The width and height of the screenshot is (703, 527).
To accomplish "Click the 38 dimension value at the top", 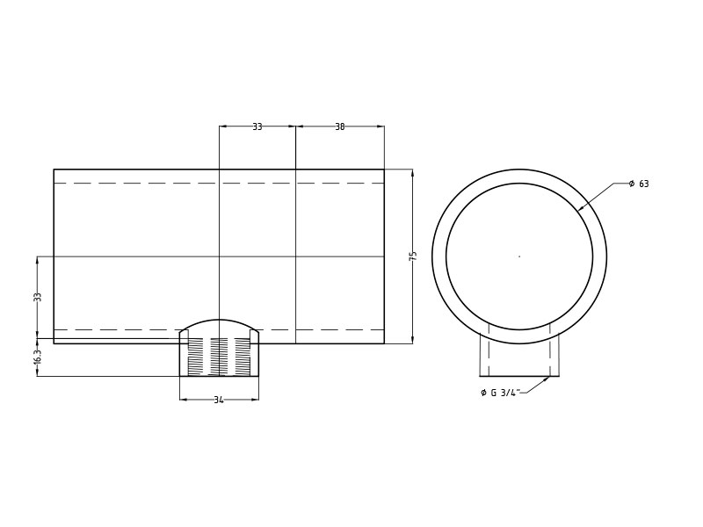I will click(339, 126).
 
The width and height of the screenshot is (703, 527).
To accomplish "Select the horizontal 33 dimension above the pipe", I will click(257, 126).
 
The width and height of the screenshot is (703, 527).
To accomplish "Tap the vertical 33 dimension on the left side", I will click(38, 297).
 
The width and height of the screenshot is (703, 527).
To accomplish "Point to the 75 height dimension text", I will click(412, 256).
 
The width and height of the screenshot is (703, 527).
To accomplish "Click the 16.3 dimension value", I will click(38, 357).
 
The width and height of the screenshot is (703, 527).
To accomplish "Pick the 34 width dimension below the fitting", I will click(219, 400).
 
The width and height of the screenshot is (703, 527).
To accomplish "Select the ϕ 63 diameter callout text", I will click(639, 184).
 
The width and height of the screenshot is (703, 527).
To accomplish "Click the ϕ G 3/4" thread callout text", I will click(501, 393).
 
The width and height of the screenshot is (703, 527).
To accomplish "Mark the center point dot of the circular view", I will click(519, 256).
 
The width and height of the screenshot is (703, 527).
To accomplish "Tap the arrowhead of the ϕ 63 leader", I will click(581, 208).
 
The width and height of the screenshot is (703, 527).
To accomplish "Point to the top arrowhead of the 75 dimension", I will click(412, 172).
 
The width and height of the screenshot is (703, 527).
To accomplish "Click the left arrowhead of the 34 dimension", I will click(183, 400).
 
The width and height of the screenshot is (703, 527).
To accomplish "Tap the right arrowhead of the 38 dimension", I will click(380, 126).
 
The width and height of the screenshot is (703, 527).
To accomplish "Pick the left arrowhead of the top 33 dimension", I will click(222, 126).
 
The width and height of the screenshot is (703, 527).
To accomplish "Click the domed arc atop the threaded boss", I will click(219, 321).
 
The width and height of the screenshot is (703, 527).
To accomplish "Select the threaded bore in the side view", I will click(219, 357).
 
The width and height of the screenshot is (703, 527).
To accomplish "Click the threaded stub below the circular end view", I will click(519, 355).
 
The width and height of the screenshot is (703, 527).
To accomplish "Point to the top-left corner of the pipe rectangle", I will click(54, 170).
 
